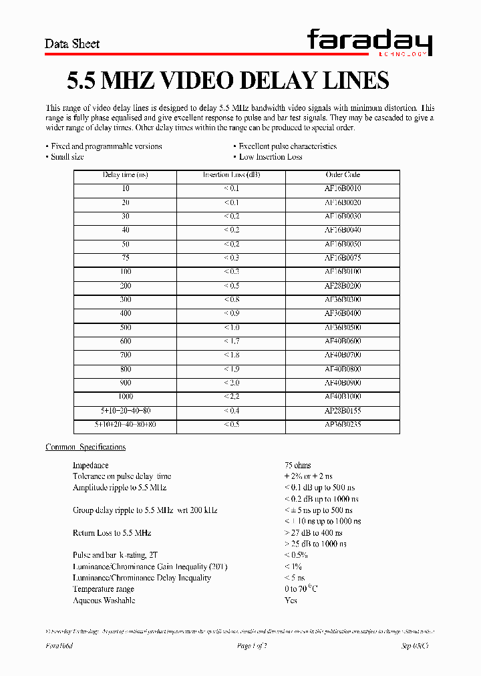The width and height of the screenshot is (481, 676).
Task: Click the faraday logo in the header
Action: pos(369,43)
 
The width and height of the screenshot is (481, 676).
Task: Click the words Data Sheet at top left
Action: pos(72,44)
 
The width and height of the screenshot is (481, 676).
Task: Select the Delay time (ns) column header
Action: pos(126,175)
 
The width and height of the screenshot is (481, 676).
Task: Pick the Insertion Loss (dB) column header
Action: pos(231,175)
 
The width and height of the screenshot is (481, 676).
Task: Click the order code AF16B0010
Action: pos(343,189)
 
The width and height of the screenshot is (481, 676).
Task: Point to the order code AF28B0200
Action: pos(343,286)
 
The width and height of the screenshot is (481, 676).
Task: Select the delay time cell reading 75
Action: pos(126,258)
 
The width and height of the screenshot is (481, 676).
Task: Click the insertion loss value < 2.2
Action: pos(231,397)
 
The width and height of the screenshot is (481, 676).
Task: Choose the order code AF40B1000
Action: pos(343,397)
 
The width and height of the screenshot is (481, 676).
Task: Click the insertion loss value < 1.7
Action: pos(231,341)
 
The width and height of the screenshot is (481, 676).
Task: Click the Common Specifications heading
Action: pos(86,447)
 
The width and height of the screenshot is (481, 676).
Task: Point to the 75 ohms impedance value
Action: pos(297,465)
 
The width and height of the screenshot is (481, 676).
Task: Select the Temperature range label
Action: pos(104,589)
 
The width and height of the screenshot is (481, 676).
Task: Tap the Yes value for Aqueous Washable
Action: pos(291,601)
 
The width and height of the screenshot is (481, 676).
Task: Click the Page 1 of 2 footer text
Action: pos(252,646)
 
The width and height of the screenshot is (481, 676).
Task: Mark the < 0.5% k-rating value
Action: pos(296,555)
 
